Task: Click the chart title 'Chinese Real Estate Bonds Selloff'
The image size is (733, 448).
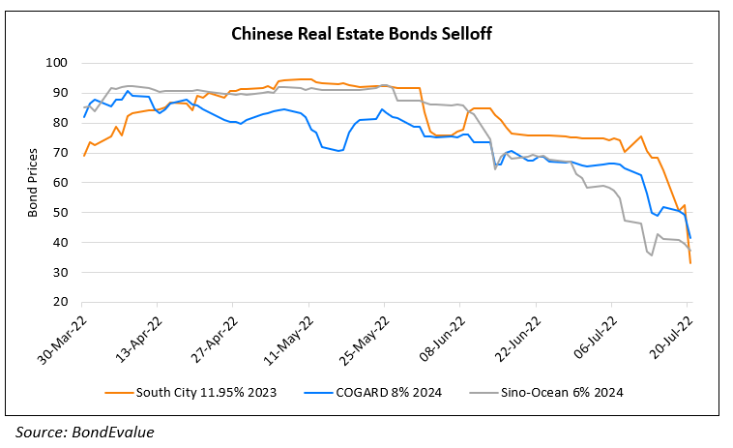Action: (x=366, y=34)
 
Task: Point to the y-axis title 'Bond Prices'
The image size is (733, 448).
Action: (x=32, y=182)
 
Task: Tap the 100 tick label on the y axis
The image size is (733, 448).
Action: (x=58, y=63)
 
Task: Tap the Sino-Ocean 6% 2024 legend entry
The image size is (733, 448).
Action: (x=541, y=392)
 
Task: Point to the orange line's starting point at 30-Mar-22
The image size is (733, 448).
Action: (x=85, y=155)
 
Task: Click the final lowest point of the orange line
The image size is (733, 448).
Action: (x=690, y=262)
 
